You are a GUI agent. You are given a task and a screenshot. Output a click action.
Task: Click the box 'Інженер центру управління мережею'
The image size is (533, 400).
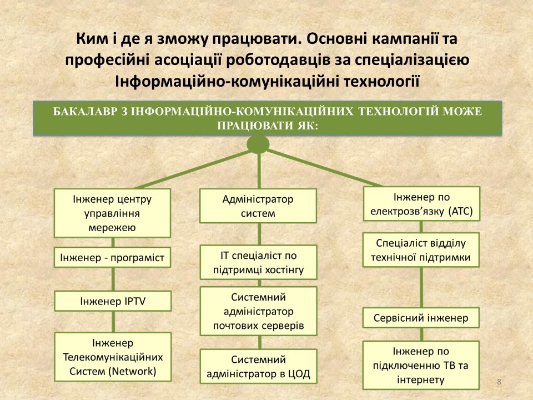[112, 213]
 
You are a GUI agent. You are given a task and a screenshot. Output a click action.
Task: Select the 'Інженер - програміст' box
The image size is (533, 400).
[112, 257]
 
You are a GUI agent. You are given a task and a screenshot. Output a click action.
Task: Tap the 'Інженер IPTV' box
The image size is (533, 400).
[113, 301]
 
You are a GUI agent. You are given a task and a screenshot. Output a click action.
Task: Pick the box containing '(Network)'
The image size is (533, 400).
[113, 357]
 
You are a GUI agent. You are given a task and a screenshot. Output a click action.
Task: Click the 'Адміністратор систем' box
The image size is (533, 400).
[258, 206]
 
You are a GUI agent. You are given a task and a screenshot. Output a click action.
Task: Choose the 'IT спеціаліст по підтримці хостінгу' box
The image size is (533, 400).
[258, 262]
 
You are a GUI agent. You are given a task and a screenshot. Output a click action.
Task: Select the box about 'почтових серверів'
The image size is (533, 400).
[258, 311]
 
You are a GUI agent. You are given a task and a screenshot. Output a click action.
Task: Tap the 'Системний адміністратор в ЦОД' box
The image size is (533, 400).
[258, 366]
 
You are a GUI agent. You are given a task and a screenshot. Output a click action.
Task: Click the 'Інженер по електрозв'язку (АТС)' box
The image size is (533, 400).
[421, 204]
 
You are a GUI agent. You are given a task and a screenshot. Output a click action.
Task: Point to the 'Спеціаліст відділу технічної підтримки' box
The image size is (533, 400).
[421, 250]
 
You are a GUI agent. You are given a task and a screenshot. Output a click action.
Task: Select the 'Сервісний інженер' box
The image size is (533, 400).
[421, 318]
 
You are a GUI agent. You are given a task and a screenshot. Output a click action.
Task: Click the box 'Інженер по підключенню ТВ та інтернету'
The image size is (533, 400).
[421, 365]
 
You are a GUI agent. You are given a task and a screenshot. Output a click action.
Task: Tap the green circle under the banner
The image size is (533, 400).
[258, 144]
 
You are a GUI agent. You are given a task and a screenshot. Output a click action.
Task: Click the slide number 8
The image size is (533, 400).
[499, 382]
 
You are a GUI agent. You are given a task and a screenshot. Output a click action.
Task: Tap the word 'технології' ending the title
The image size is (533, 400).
[381, 82]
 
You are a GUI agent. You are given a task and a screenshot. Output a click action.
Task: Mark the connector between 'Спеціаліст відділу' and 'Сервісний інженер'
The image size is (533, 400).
[421, 287]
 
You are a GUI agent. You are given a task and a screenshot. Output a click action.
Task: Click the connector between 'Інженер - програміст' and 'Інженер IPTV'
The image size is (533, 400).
[113, 279]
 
